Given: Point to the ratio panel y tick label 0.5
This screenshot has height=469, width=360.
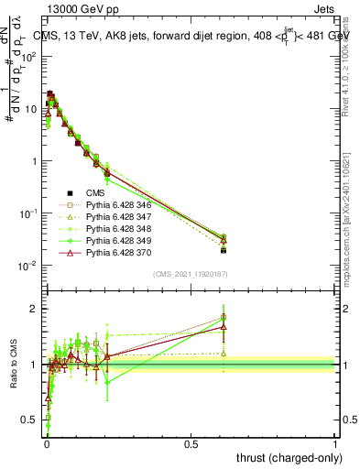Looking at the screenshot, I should tap(30, 421).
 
